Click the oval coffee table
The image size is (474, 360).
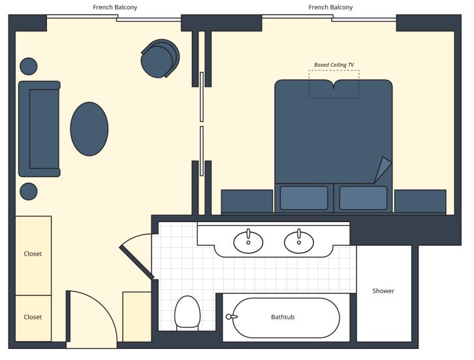click(89, 129)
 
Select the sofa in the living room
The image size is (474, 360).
click(39, 129)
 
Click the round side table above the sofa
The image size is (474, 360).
click(28, 66)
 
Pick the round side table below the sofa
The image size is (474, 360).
click(28, 191)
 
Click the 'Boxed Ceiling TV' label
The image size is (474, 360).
click(334, 65)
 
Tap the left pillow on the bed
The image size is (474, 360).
click(304, 198)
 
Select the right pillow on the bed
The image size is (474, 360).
click(363, 198)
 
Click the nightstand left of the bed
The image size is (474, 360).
click(247, 201)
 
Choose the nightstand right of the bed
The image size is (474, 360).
click(420, 201)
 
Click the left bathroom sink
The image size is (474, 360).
click(248, 242)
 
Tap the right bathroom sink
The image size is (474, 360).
click(299, 242)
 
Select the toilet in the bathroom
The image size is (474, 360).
click(187, 312)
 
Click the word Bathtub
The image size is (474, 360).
click(283, 317)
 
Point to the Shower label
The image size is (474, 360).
click(383, 291)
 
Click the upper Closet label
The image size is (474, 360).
click(33, 254)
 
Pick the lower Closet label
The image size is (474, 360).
click(33, 317)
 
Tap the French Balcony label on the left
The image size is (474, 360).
click(116, 7)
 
